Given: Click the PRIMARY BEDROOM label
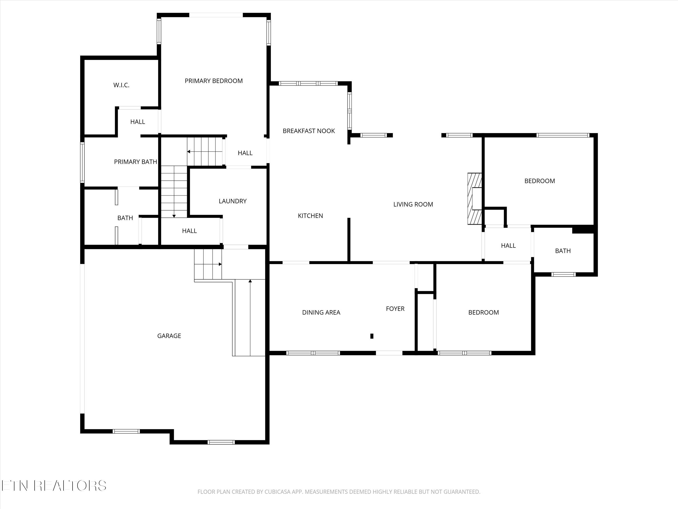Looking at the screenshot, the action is pyautogui.click(x=214, y=81).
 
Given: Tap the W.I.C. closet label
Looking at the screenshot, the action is pyautogui.click(x=121, y=85).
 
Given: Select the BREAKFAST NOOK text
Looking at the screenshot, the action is pyautogui.click(x=309, y=131).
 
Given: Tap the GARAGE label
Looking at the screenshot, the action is pyautogui.click(x=169, y=336).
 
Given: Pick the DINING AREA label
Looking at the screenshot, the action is pyautogui.click(x=321, y=313).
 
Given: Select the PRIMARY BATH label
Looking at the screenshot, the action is pyautogui.click(x=135, y=162).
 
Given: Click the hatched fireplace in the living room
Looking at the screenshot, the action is pyautogui.click(x=474, y=199).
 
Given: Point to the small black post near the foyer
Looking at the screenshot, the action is pyautogui.click(x=372, y=336).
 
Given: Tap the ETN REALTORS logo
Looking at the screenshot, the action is pyautogui.click(x=54, y=486).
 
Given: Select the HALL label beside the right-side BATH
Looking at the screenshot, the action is pyautogui.click(x=508, y=246).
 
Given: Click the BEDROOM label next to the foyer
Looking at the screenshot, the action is pyautogui.click(x=483, y=313).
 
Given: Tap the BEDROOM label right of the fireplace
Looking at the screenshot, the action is pyautogui.click(x=539, y=181).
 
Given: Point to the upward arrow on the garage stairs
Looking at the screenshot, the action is pyautogui.click(x=250, y=318).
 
